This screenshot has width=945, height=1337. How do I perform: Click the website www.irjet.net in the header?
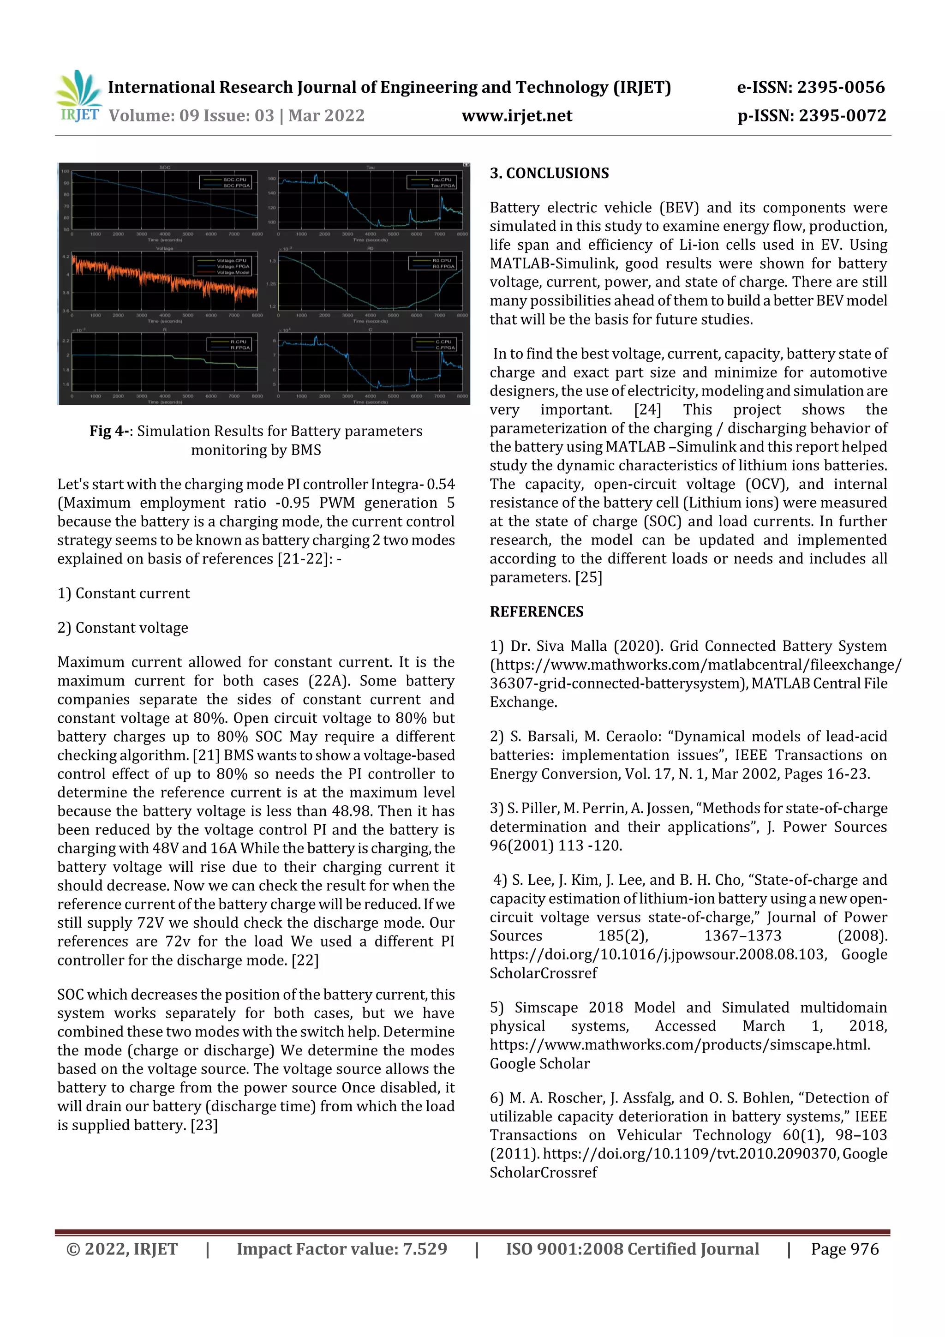[516, 115]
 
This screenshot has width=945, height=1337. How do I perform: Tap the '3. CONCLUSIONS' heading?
[549, 173]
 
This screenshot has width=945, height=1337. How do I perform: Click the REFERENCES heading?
[536, 612]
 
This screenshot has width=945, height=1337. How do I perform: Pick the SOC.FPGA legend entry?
[236, 186]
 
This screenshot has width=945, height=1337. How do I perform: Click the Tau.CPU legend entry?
[441, 180]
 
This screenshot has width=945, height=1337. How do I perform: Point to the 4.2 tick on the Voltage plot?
[66, 256]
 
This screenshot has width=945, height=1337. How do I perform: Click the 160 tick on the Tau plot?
[271, 179]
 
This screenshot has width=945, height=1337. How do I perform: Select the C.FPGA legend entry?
[445, 348]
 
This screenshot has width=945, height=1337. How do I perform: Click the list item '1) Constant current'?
[124, 594]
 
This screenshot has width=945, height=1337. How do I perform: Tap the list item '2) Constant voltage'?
[123, 628]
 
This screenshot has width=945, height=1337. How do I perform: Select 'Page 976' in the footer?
[844, 1249]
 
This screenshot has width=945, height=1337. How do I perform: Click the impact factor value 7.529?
[425, 1249]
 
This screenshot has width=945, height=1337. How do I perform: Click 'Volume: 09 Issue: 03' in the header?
[191, 115]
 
